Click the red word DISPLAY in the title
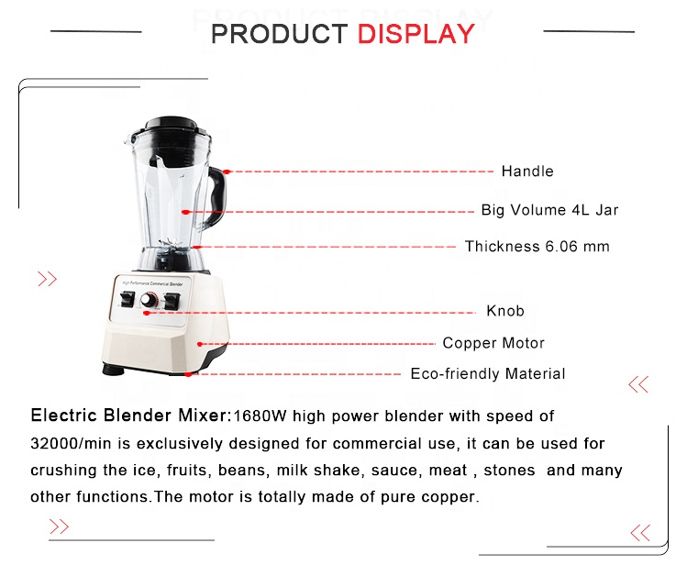click(416, 34)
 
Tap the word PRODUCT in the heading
click(280, 34)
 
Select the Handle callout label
click(527, 171)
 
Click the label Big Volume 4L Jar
click(549, 210)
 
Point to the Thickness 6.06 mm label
click(537, 246)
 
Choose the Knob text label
click(505, 311)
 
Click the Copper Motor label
click(493, 343)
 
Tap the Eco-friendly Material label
click(488, 373)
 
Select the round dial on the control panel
click(149, 301)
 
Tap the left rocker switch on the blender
click(127, 299)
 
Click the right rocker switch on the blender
click(172, 302)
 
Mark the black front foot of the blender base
click(114, 370)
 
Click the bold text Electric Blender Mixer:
click(130, 415)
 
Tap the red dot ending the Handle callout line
click(227, 172)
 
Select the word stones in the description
click(509, 470)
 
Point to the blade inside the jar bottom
click(170, 243)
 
